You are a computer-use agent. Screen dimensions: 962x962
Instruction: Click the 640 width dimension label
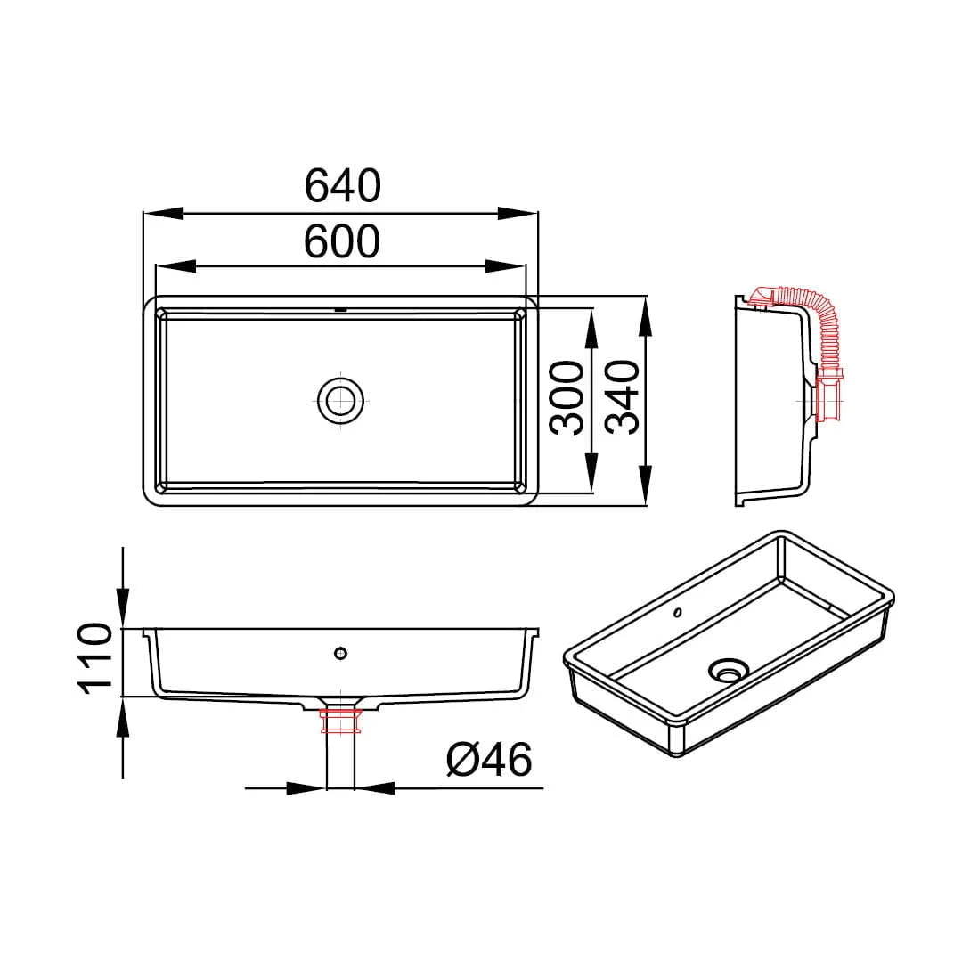coord(342,186)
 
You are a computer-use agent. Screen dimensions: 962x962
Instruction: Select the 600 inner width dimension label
coord(342,241)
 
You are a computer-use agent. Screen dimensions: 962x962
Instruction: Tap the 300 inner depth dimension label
coord(567,397)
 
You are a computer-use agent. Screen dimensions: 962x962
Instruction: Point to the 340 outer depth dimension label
coord(622,397)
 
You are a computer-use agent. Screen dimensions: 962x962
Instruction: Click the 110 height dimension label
coord(94,658)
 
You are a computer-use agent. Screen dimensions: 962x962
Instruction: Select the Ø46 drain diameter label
coord(489,760)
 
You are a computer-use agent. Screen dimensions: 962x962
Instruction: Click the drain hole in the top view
coord(341,401)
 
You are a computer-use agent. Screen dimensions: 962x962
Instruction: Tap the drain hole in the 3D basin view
coord(729,670)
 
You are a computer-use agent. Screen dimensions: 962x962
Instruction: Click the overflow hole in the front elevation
coord(341,654)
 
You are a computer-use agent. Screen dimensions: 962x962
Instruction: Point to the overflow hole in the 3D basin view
coord(677,612)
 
